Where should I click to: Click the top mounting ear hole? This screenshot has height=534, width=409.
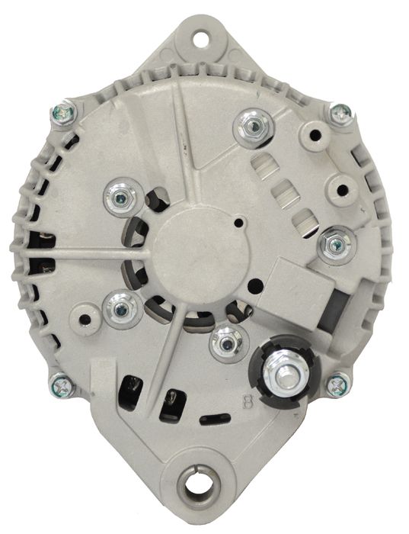tap(202, 38)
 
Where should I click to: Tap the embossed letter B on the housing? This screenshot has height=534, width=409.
tap(248, 402)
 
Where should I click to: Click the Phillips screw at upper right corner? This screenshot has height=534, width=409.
tap(340, 114)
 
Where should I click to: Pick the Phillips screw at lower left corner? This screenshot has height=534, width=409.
tap(62, 386)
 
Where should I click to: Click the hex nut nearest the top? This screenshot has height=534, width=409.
tap(254, 127)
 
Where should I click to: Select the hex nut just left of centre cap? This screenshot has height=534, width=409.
tap(120, 198)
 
